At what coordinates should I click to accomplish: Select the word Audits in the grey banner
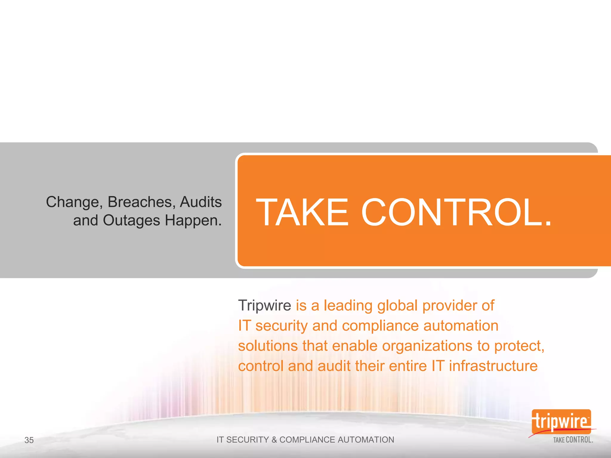(x=201, y=202)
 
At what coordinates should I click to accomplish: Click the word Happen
(x=193, y=221)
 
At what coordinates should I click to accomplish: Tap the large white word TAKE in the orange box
(x=302, y=212)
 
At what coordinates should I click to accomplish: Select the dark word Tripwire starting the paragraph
(x=264, y=305)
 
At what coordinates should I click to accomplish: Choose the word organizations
(x=427, y=346)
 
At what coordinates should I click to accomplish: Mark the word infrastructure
(x=493, y=366)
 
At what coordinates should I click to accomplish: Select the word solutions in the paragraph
(x=268, y=346)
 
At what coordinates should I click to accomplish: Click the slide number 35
(x=29, y=440)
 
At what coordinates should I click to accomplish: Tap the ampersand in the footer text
(x=274, y=440)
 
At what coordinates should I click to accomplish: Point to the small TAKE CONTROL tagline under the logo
(x=573, y=440)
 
